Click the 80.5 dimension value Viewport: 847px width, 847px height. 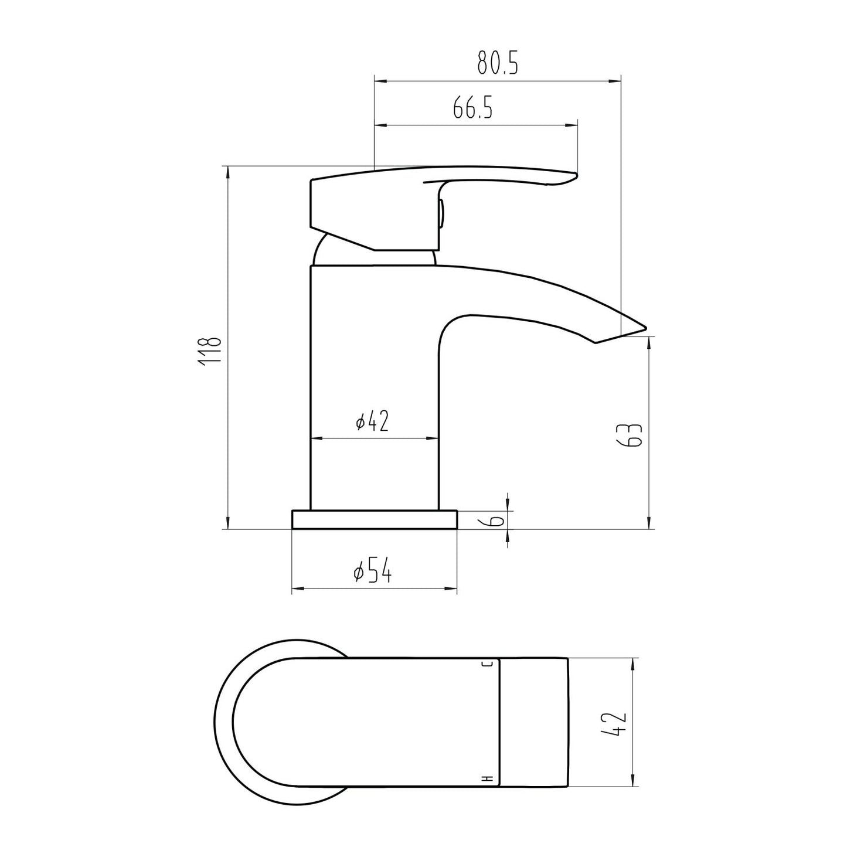pyautogui.click(x=498, y=63)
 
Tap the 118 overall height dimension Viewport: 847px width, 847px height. pyautogui.click(x=210, y=352)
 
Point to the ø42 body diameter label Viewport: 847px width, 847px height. pyautogui.click(x=372, y=421)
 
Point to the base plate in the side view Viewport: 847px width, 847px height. pyautogui.click(x=374, y=519)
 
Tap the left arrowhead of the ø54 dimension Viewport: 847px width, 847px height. pyautogui.click(x=296, y=587)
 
